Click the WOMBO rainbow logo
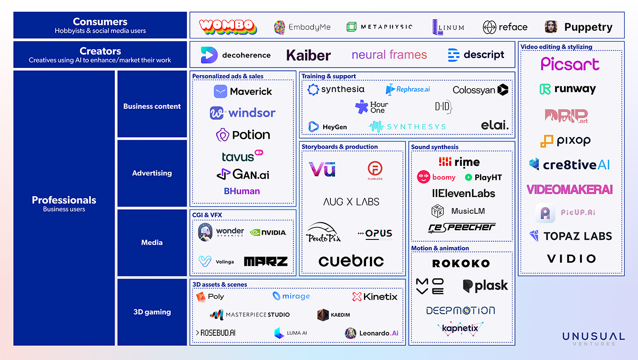coord(228,27)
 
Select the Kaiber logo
coord(309,55)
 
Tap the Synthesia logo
coord(336,89)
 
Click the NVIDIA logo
coord(268,232)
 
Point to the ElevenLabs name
coord(463,193)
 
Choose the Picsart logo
coord(570,64)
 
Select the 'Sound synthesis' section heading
coord(435,147)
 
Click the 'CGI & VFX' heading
coord(207,215)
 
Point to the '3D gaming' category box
coord(152,312)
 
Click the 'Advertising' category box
coord(152,173)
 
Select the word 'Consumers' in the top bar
coord(100,22)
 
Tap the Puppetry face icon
coord(551,27)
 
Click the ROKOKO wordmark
coord(461,264)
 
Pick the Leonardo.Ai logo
coord(372,333)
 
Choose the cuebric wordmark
coord(351,261)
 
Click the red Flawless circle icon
coord(375,169)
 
